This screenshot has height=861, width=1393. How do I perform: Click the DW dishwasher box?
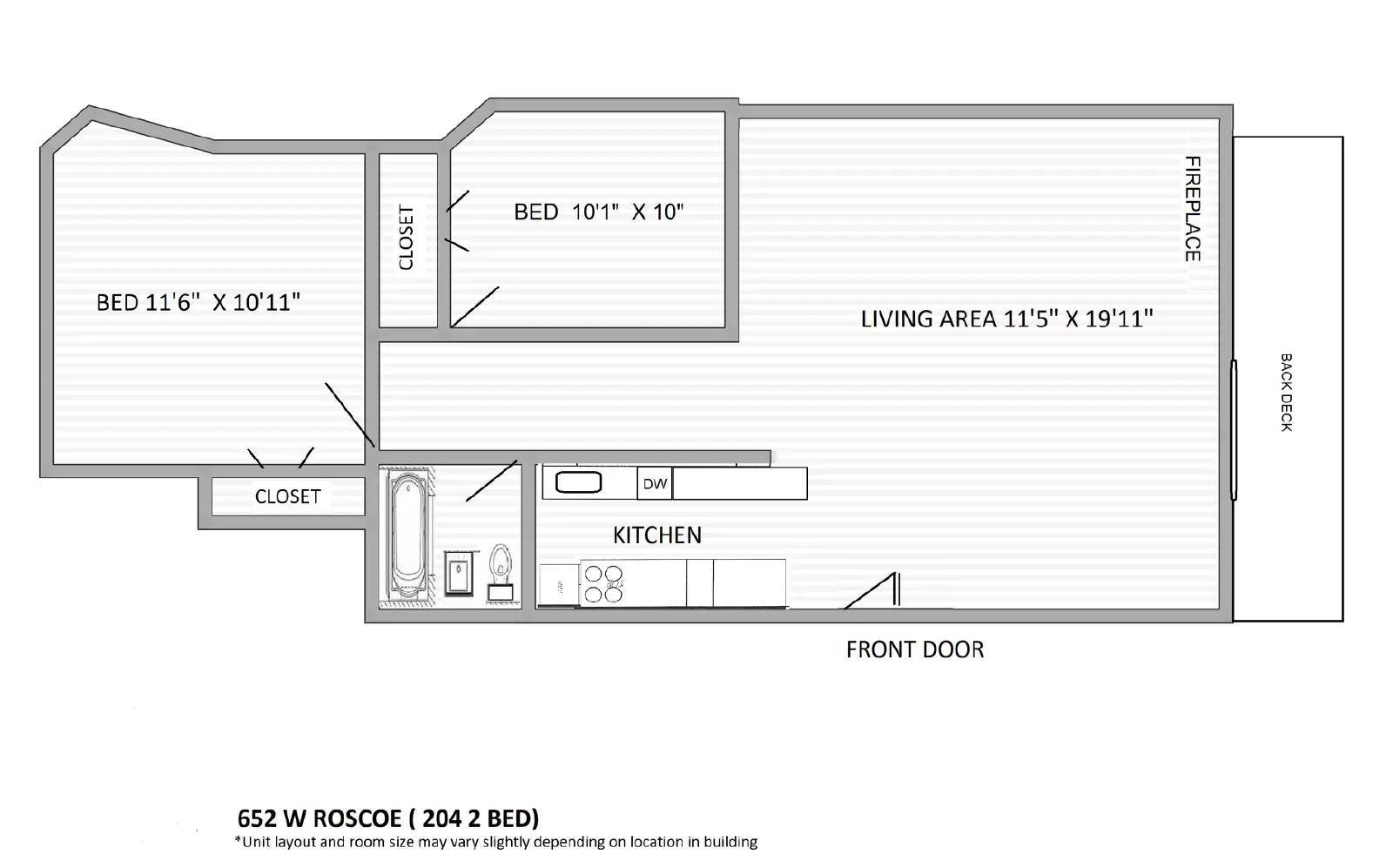(x=655, y=484)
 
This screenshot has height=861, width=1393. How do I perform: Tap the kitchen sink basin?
(x=579, y=482)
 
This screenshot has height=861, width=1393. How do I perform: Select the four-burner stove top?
(x=602, y=584)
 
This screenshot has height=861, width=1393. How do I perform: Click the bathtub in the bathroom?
(x=406, y=535)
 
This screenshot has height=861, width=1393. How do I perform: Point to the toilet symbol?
(x=500, y=572)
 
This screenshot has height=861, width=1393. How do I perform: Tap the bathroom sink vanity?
(x=459, y=573)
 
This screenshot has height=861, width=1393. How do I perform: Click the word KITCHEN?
(x=657, y=535)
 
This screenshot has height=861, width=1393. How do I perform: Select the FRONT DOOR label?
(x=915, y=649)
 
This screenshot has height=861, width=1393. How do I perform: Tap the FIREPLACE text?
(x=1192, y=209)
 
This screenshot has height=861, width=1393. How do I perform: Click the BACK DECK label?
(x=1286, y=392)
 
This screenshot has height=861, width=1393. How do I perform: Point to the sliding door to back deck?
(x=1234, y=430)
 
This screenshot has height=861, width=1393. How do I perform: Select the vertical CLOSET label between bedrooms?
(x=407, y=238)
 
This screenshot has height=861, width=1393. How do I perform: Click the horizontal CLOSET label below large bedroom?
(x=288, y=496)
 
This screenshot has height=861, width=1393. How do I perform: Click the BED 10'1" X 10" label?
(x=599, y=212)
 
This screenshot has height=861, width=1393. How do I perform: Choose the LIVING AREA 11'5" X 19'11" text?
(x=1006, y=319)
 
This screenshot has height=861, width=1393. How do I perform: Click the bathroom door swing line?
(x=492, y=481)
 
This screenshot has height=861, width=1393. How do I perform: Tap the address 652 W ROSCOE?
(x=319, y=818)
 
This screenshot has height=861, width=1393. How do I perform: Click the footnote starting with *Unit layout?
(x=496, y=842)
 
